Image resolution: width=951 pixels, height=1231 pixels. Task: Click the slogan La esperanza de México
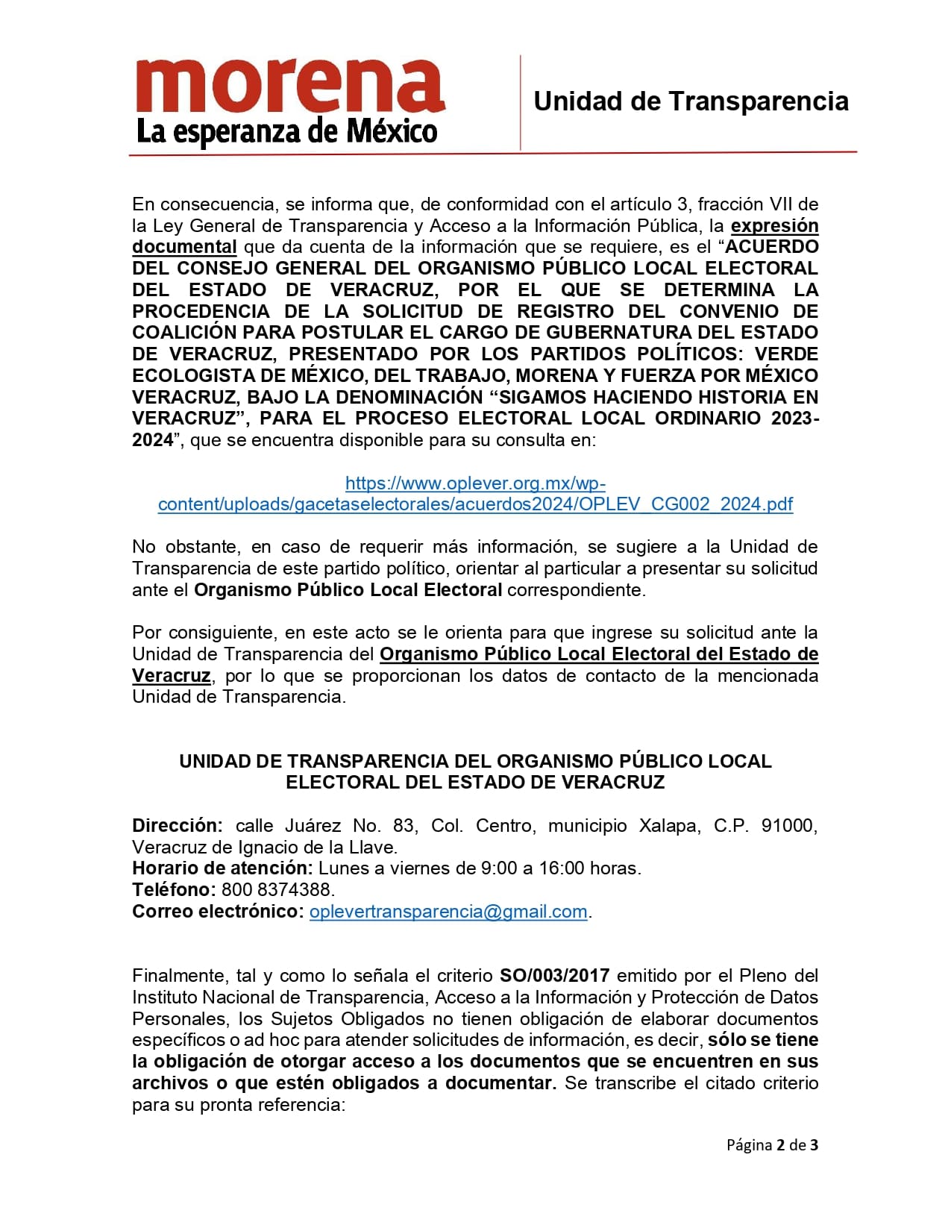click(x=286, y=132)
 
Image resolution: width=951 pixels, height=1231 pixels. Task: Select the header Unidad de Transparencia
click(x=691, y=101)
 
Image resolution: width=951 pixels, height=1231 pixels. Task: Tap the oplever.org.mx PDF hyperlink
click(x=475, y=494)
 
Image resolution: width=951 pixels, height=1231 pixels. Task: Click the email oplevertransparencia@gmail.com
click(x=448, y=912)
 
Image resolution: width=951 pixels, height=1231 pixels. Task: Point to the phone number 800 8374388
click(x=277, y=890)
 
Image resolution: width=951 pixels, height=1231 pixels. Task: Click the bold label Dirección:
click(x=177, y=826)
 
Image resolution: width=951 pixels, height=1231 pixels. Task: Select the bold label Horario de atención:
click(x=222, y=868)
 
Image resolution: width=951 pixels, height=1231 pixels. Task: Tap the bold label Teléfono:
click(x=173, y=890)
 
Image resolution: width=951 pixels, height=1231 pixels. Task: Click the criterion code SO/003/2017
click(x=554, y=976)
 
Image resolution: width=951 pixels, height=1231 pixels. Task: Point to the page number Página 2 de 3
click(x=772, y=1144)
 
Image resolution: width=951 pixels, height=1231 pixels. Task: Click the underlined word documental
click(x=184, y=247)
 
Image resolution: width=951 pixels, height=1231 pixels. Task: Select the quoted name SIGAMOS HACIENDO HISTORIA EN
click(x=659, y=397)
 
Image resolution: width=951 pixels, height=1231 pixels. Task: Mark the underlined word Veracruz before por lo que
click(x=172, y=676)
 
